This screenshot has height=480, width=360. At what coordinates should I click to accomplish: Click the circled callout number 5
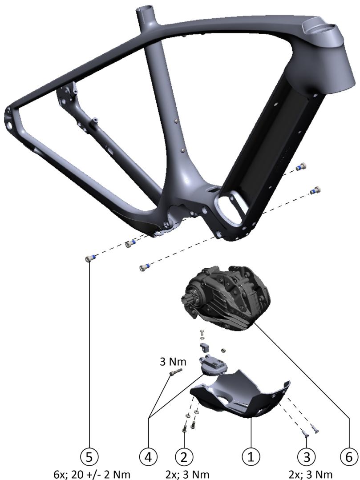click(x=89, y=457)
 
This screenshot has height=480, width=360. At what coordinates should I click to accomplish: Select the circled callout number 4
click(x=148, y=457)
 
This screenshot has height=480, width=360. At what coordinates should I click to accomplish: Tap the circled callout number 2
click(x=184, y=457)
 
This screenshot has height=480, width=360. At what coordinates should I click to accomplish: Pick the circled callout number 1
click(x=251, y=457)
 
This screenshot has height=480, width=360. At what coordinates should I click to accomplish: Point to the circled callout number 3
click(x=307, y=457)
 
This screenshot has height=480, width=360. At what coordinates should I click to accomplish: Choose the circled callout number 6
click(x=349, y=457)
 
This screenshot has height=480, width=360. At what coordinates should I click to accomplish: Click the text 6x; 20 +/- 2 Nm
click(x=92, y=475)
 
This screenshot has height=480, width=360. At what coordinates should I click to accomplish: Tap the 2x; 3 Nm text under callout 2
click(x=187, y=475)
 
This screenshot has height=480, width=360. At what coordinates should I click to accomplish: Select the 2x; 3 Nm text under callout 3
click(x=311, y=475)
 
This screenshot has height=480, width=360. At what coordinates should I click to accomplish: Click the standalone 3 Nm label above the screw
click(x=173, y=362)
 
